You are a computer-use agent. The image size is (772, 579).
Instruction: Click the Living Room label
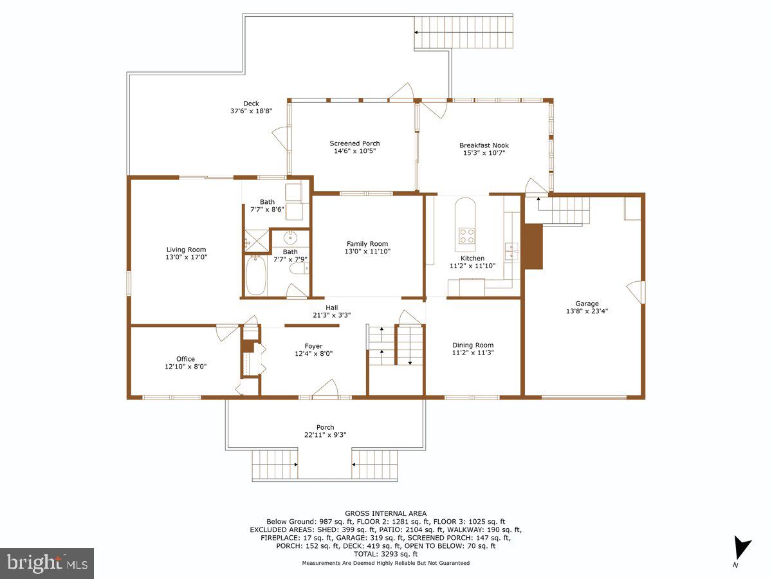tap(187, 250)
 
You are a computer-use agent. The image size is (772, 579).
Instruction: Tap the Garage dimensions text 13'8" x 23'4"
tap(587, 311)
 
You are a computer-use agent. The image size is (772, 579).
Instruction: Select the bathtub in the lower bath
tap(255, 275)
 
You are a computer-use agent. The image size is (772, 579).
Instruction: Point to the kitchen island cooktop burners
tap(465, 235)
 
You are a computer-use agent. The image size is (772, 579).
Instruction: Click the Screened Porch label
tap(354, 143)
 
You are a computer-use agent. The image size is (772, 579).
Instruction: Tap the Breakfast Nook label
tap(484, 145)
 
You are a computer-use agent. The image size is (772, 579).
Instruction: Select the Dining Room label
tap(473, 345)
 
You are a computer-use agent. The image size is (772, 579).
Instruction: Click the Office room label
tap(185, 359)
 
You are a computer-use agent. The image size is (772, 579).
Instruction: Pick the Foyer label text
tap(313, 346)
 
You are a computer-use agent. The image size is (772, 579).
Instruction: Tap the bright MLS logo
tap(47, 563)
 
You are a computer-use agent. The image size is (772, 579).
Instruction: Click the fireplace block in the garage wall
tap(533, 246)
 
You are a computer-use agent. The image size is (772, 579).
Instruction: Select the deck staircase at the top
tap(463, 32)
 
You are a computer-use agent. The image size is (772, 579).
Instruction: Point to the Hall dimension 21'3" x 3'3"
tap(331, 315)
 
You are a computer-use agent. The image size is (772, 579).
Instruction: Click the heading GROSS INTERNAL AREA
tap(386, 513)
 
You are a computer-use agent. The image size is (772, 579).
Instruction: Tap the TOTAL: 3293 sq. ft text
tap(386, 553)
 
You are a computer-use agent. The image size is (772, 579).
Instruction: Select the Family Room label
tap(367, 244)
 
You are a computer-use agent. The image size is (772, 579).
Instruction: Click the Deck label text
tap(251, 104)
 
